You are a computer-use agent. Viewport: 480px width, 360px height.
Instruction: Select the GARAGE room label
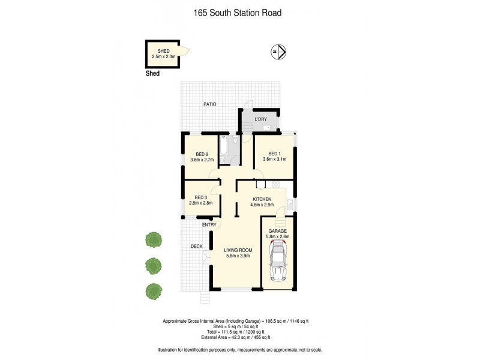(x=277, y=230)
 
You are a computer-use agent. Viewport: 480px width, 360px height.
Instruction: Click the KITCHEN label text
(x=262, y=199)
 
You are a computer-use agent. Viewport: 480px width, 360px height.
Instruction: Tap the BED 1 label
(x=274, y=152)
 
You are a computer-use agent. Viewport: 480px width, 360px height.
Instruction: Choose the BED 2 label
(x=202, y=154)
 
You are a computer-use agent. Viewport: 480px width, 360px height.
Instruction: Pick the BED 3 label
(x=202, y=197)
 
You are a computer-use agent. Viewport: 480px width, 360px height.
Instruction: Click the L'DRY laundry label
(x=260, y=119)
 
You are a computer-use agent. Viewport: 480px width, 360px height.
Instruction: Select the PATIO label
(x=209, y=104)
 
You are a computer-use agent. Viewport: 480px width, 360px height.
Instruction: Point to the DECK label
(x=196, y=246)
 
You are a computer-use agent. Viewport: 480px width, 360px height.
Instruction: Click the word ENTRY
(x=209, y=225)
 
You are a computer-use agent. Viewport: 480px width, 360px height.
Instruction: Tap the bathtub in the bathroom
(x=224, y=150)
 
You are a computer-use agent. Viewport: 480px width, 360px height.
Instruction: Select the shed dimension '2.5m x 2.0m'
(x=164, y=56)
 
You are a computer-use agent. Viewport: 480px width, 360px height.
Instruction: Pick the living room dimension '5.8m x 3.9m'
(x=238, y=256)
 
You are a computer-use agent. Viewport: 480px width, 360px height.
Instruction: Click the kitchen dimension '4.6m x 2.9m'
(x=262, y=205)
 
